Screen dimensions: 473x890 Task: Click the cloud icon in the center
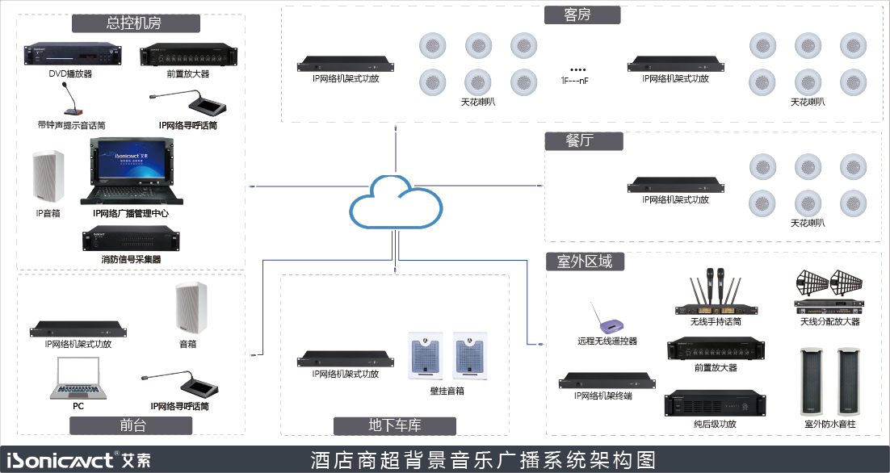396,203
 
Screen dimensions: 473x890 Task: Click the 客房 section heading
581,15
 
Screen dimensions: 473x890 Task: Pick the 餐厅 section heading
583,140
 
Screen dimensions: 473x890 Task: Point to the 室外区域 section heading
585,261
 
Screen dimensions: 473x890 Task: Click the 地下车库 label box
395,425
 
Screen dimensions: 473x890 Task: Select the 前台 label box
132,425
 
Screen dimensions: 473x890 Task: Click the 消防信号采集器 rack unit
131,240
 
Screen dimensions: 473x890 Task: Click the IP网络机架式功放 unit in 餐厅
675,185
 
